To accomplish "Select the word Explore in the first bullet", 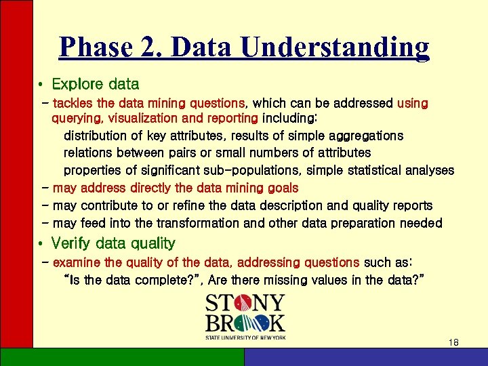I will pos(77,85).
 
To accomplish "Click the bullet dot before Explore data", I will pos(41,85).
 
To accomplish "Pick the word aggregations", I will pos(367,136).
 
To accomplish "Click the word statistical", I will pos(388,170).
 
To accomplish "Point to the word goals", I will pos(281,188).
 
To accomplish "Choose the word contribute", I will pos(111,205).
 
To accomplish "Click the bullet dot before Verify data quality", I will pos(41,244).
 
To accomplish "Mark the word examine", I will pos(77,262).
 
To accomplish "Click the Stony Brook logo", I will pos(246,317).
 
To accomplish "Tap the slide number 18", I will pos(453,343).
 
